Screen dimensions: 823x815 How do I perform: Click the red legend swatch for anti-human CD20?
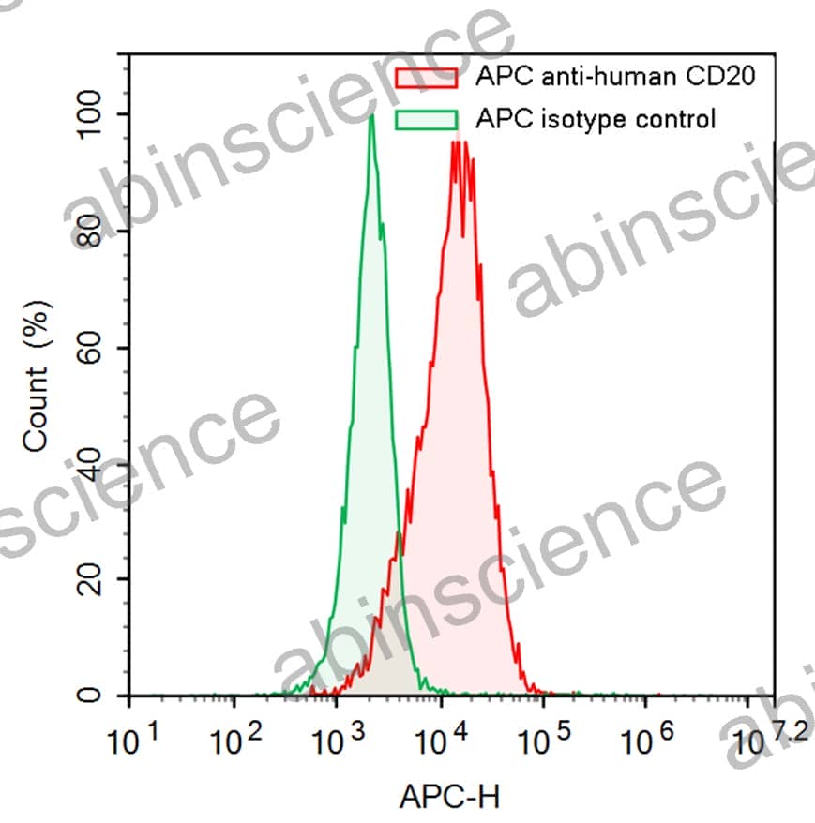pyautogui.click(x=428, y=77)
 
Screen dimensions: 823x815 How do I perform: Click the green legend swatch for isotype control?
pyautogui.click(x=428, y=119)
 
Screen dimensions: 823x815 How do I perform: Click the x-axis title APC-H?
pyautogui.click(x=449, y=797)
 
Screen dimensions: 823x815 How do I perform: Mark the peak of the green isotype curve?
pyautogui.click(x=371, y=115)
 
